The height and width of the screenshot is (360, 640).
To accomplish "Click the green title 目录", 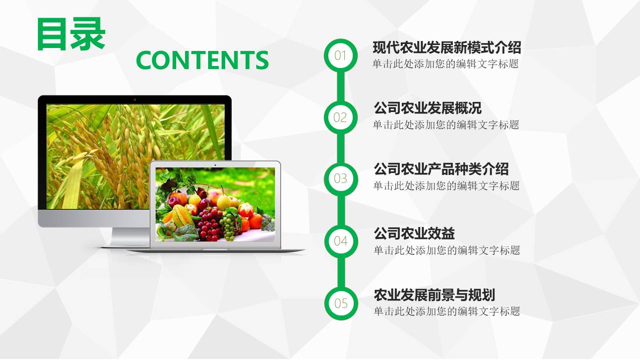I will click(71, 34).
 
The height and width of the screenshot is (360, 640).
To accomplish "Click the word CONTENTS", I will click(202, 60).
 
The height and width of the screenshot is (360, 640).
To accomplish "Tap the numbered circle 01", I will click(341, 55).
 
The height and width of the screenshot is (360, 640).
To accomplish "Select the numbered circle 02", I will click(341, 117).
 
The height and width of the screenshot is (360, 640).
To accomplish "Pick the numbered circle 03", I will click(341, 178).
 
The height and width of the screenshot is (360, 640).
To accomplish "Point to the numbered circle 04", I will click(341, 241).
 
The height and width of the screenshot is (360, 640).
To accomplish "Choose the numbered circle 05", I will click(341, 303).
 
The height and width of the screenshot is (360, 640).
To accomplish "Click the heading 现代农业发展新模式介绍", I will click(447, 47).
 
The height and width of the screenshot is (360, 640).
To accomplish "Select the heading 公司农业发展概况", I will click(427, 108).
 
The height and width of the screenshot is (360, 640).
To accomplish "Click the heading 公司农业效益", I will click(414, 233).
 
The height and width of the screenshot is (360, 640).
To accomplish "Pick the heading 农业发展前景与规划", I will click(434, 295).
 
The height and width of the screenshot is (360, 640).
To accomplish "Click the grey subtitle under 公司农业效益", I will click(446, 250).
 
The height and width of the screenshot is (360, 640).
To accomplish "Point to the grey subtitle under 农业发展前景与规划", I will click(446, 311).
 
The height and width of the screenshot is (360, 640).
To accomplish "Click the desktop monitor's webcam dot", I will click(135, 99).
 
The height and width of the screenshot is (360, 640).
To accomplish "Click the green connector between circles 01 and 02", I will click(341, 86).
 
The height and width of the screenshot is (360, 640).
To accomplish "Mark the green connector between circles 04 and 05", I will click(341, 272).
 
